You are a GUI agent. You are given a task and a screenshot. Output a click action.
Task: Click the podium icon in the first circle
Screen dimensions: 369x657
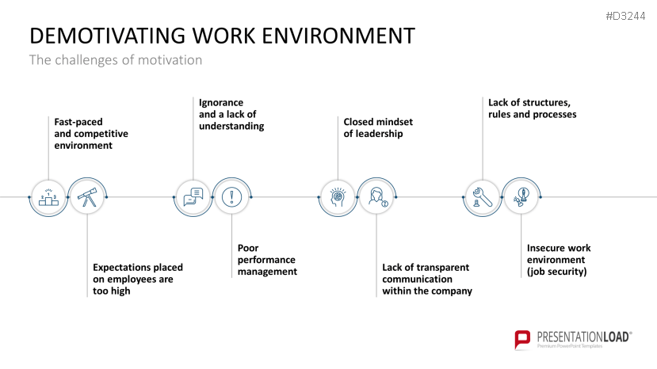[x=48, y=197]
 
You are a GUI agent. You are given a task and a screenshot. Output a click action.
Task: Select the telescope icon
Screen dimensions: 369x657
[x=86, y=197]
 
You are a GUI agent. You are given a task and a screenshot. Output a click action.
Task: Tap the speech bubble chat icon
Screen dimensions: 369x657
[x=193, y=197]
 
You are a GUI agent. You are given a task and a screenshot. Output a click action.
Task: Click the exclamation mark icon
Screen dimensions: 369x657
[x=231, y=197]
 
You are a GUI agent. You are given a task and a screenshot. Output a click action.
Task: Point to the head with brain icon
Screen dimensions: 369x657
[x=338, y=197]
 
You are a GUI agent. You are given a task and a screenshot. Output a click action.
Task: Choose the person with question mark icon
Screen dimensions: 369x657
[x=376, y=197]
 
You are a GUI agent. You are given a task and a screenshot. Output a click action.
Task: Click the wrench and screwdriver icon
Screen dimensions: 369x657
[x=482, y=197]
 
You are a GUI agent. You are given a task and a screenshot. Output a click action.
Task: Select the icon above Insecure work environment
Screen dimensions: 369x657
[x=521, y=197]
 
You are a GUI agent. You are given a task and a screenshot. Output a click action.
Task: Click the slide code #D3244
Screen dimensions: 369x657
[x=625, y=17]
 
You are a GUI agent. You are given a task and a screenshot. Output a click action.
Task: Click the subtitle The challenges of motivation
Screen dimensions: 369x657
[x=116, y=60]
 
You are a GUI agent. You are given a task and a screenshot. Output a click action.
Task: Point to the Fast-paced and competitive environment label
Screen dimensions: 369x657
[x=90, y=134]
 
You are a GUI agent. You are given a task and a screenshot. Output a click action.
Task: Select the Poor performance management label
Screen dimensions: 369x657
[x=267, y=260]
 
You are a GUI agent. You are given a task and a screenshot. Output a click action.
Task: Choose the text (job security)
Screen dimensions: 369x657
[x=556, y=272]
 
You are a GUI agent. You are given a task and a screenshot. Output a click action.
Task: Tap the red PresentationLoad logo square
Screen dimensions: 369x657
[x=523, y=339]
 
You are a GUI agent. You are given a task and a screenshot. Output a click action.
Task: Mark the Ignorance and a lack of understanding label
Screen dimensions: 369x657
[x=231, y=114]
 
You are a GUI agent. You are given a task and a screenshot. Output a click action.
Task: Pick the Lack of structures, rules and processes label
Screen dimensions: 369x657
[x=532, y=108]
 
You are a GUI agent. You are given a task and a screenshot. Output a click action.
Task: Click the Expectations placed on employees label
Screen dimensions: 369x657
[x=132, y=279]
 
